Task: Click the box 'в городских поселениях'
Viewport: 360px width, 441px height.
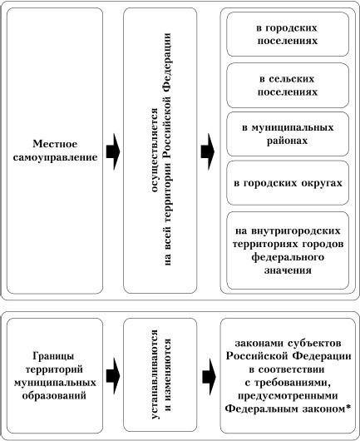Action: pos(288,34)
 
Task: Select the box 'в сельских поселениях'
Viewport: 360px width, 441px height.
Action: pos(288,85)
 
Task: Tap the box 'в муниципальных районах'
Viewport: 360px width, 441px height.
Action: pos(288,134)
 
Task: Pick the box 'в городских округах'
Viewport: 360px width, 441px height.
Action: pos(288,183)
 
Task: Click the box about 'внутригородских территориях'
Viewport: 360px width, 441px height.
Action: pos(288,250)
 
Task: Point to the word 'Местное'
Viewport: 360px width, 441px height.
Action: pos(55,144)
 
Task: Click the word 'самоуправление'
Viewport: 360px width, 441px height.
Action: pos(55,157)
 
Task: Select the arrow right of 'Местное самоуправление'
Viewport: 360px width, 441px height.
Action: pos(113,152)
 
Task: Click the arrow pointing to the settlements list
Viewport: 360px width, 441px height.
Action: pos(208,152)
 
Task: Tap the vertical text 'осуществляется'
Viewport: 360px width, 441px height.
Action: pos(155,150)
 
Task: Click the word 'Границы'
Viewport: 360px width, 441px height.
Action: pos(53,356)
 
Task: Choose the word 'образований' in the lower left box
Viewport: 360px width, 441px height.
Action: pos(54,396)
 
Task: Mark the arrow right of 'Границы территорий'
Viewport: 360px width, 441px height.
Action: pos(113,376)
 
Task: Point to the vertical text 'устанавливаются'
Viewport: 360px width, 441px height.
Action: pos(155,374)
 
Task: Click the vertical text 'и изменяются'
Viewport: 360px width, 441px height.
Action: pos(168,375)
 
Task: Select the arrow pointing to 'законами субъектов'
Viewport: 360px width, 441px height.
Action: pos(209,377)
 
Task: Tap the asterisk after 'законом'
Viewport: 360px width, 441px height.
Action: pos(348,407)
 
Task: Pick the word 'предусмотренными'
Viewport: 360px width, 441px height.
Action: pos(288,396)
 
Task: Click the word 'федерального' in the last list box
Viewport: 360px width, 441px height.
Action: pos(288,257)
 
